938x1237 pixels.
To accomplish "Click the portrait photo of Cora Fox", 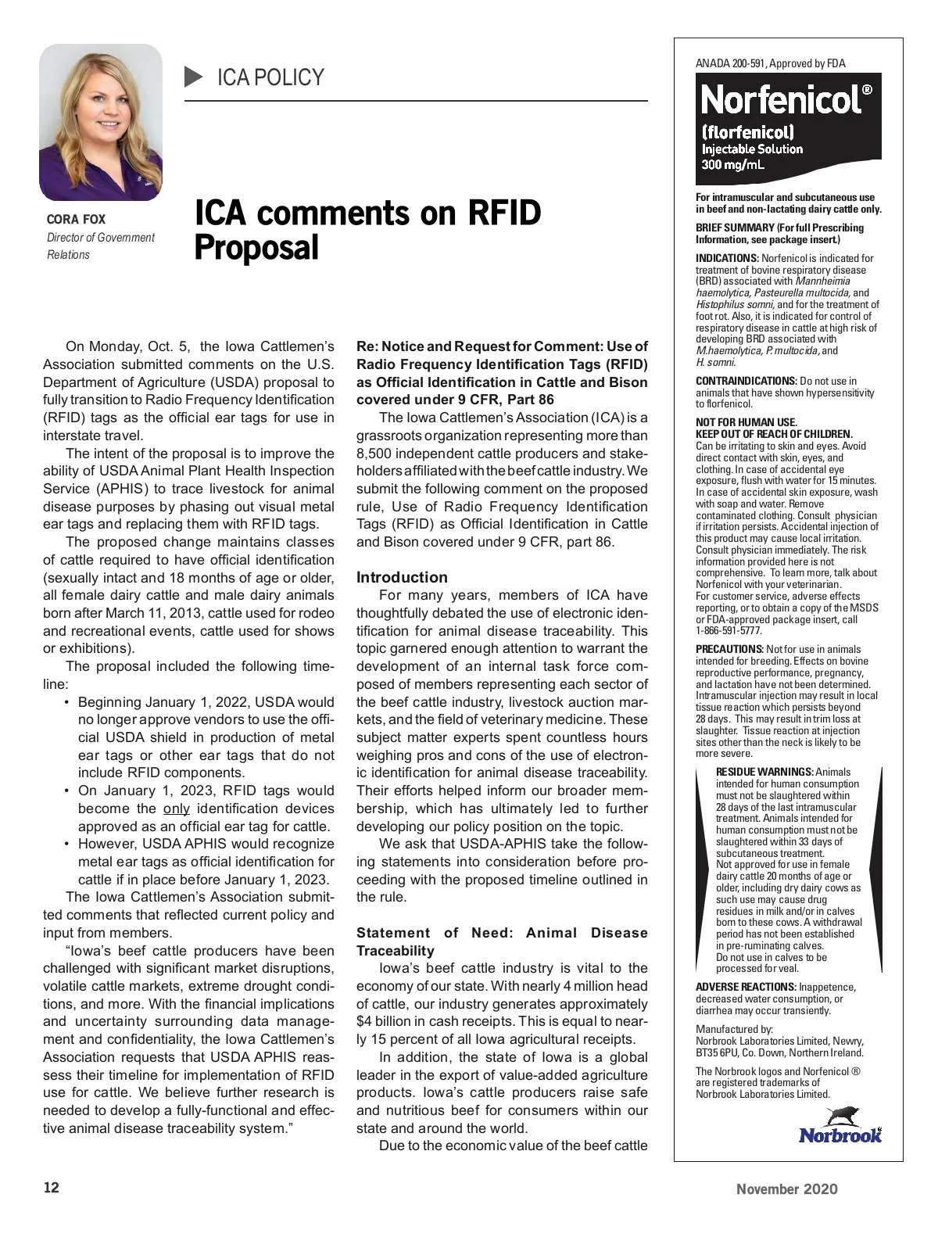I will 101,122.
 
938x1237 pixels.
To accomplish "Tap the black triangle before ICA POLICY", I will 193,77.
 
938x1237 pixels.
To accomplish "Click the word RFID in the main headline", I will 503,213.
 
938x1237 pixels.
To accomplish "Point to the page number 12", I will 51,1189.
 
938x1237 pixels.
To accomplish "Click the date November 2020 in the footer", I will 787,1189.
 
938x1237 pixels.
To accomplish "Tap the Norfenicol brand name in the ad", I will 782,100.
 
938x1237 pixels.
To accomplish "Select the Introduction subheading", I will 402,578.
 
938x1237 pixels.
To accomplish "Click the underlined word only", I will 177,809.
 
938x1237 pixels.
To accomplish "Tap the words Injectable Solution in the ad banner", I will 752,149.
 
